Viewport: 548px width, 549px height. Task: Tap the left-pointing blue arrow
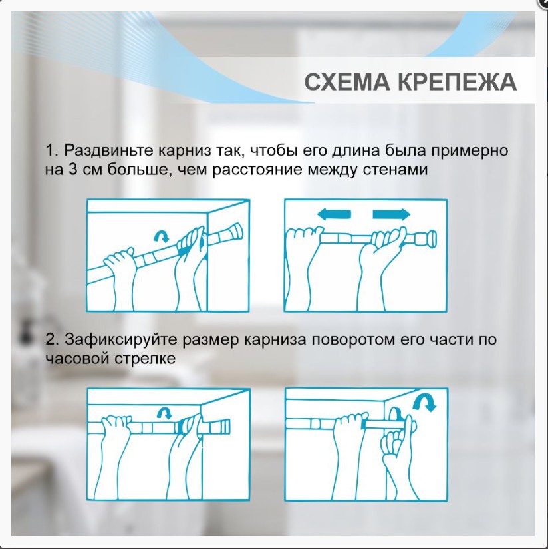333,214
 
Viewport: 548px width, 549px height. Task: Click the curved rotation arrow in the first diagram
160,236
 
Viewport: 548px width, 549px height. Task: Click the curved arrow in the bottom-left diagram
161,413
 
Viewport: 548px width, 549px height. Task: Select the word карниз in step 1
179,150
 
